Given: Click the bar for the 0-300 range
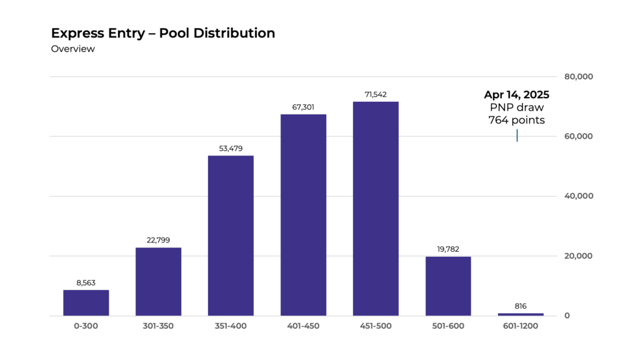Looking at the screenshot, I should point(86,303).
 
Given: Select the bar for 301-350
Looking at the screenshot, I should point(159,282).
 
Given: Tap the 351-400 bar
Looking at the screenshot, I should point(231,236).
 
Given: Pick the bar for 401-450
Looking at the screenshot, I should point(303,215).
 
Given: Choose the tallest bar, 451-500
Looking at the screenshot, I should point(376,209).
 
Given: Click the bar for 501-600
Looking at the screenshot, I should point(448,286).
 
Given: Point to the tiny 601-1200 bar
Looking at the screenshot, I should point(521,314).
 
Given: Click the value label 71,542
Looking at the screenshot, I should point(376,95).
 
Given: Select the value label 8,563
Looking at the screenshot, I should point(86,283).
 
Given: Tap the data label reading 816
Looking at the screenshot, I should point(521,306).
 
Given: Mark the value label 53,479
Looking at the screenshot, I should point(231,149).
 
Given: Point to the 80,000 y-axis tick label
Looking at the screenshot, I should point(578,77).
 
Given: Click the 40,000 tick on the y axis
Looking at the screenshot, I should point(578,196).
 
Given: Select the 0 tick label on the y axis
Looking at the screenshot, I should point(567,316).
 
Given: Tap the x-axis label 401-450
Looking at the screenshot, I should point(303,326).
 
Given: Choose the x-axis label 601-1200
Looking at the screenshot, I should point(521,326).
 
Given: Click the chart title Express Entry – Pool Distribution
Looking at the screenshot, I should point(162,33).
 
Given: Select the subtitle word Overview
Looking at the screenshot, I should point(72,49).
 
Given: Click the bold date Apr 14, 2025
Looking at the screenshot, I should point(516,95).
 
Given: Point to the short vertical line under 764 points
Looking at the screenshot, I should point(517,135).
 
